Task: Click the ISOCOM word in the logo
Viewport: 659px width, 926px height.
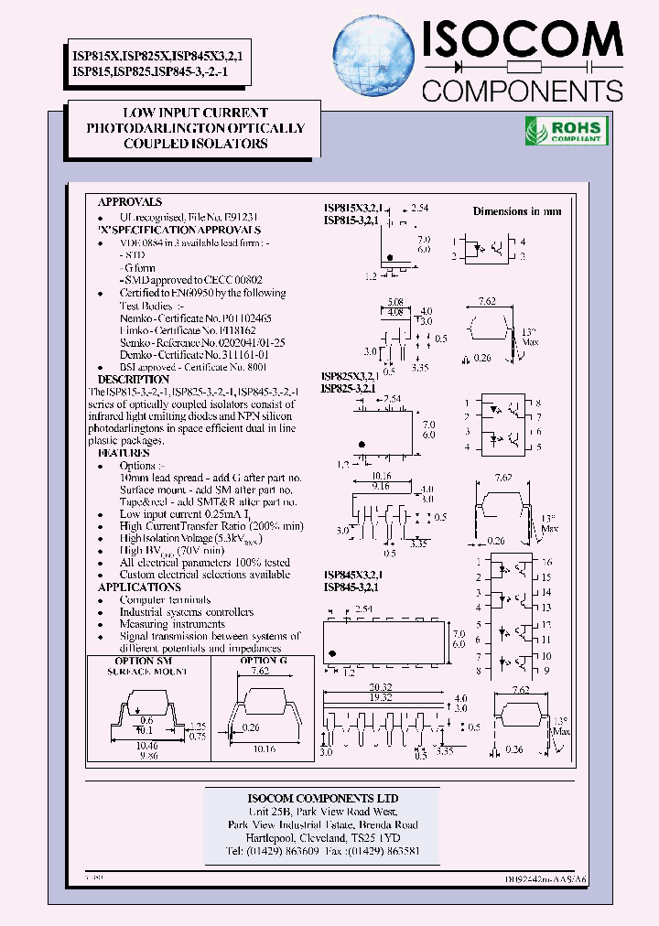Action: (x=522, y=40)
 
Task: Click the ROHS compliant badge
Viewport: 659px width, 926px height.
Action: (x=564, y=131)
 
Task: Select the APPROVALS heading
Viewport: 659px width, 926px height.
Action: (x=130, y=201)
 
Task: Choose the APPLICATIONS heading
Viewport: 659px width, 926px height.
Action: (x=140, y=587)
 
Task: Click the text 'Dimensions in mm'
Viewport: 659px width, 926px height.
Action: (x=517, y=211)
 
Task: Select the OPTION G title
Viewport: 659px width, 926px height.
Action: (x=264, y=660)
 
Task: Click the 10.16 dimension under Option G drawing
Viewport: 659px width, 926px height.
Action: (x=264, y=748)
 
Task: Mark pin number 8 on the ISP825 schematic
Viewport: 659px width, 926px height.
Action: (x=539, y=403)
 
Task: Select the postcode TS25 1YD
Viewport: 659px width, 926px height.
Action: (x=375, y=837)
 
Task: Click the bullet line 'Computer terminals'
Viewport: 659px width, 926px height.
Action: (x=160, y=599)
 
